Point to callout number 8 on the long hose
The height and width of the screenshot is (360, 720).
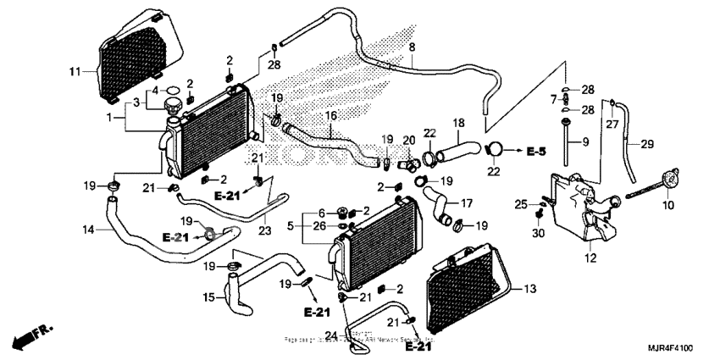412,47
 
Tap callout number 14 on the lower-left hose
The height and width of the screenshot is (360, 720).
89,230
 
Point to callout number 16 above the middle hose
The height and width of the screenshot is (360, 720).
330,116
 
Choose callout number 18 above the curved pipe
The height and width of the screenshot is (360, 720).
459,123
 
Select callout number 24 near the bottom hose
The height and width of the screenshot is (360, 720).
332,335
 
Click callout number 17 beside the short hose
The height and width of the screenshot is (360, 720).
465,202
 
